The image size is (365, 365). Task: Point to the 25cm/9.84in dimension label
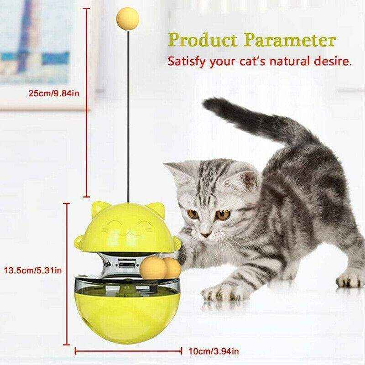coord(54,94)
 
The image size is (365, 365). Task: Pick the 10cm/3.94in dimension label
coord(213,352)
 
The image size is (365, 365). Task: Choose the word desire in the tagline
coord(333,61)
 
